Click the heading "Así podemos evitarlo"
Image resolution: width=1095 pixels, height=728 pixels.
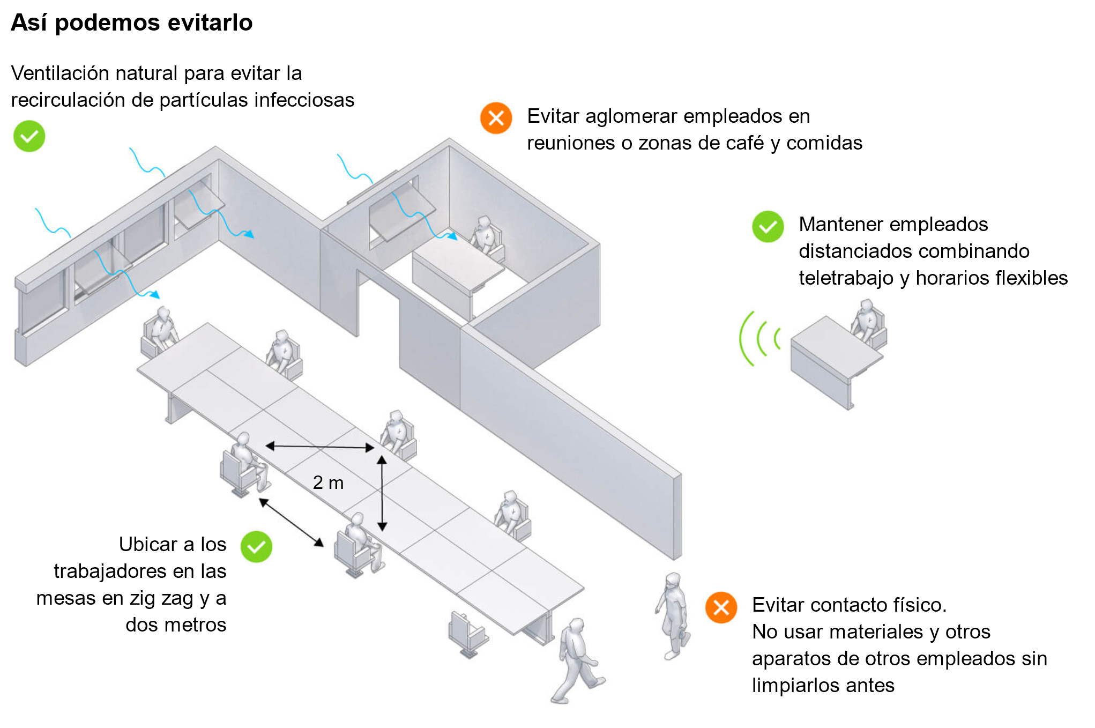coord(131,23)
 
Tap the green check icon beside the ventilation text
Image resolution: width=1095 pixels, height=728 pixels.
coord(29,136)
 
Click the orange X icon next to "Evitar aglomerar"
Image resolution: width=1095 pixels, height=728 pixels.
coord(496,118)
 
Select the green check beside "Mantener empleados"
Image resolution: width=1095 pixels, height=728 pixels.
coord(768,227)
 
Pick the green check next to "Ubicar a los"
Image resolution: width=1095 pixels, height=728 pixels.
coord(256,547)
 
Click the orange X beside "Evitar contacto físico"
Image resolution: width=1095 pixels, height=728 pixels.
coord(721,607)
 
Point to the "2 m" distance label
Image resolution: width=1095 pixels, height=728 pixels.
coord(328,482)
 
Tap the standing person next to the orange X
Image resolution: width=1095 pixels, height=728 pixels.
coord(673,616)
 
